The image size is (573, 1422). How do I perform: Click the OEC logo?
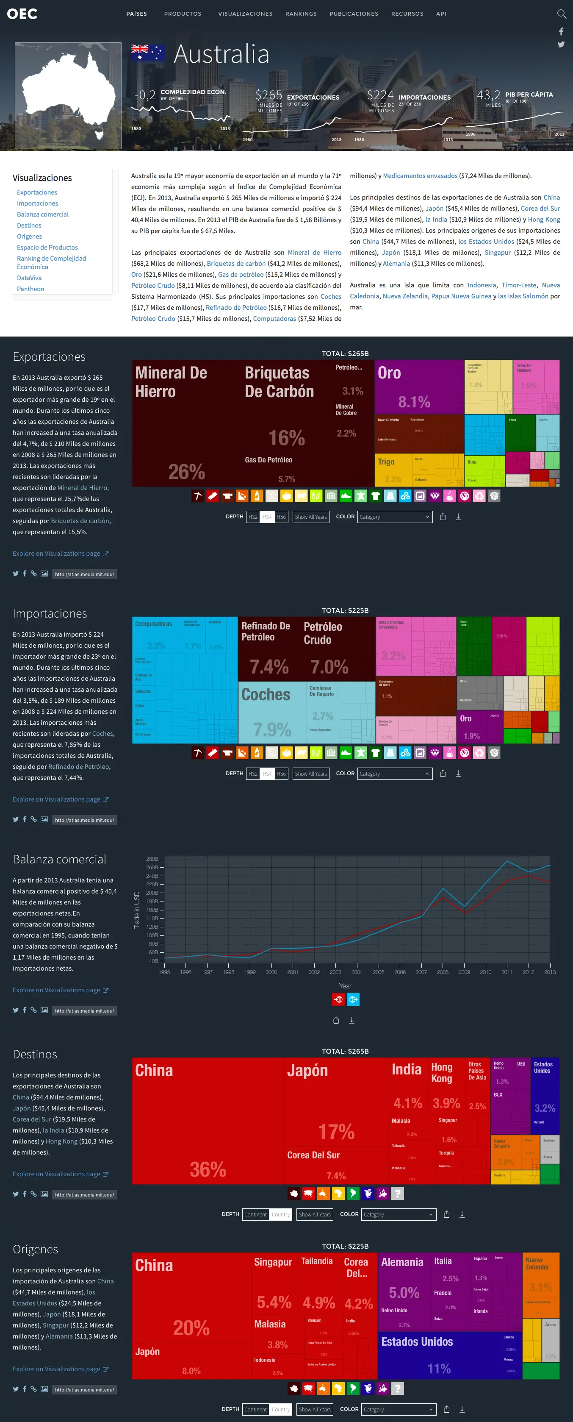(22, 14)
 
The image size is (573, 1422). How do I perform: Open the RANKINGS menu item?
(301, 14)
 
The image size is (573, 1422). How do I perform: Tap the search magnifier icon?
(562, 14)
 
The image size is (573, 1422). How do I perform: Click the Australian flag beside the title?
(148, 53)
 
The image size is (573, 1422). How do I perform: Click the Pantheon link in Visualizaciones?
(30, 289)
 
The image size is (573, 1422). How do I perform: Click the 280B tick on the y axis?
(152, 859)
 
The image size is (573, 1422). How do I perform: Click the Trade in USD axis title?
(137, 910)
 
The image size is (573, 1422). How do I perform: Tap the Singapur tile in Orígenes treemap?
(274, 1286)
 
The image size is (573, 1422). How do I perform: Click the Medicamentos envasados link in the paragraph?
(420, 175)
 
